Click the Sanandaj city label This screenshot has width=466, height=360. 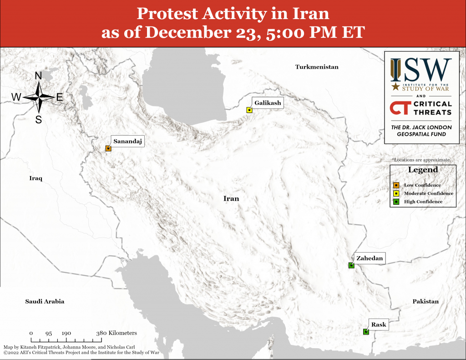click(128, 141)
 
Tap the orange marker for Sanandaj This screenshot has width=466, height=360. click(108, 148)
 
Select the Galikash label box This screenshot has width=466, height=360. click(268, 103)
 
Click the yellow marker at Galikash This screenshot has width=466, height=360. click(249, 110)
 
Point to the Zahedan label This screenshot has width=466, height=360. click(370, 258)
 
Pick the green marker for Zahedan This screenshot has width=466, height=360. click(351, 265)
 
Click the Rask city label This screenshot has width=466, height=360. click(379, 325)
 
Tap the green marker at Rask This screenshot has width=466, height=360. click(366, 332)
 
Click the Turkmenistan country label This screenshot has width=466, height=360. click(317, 67)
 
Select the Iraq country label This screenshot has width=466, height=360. click(35, 178)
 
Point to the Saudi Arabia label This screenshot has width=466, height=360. click(45, 301)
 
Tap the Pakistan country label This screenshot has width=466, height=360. click(425, 301)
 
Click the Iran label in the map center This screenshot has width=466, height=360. click(231, 198)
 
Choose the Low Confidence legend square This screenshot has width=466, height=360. click(396, 185)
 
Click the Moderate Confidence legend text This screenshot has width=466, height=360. click(429, 193)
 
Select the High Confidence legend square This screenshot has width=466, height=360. click(396, 202)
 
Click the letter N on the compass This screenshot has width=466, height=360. click(38, 76)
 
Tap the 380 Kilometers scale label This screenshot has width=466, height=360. click(116, 333)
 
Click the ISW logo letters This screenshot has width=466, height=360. click(421, 70)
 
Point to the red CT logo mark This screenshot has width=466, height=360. click(400, 107)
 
